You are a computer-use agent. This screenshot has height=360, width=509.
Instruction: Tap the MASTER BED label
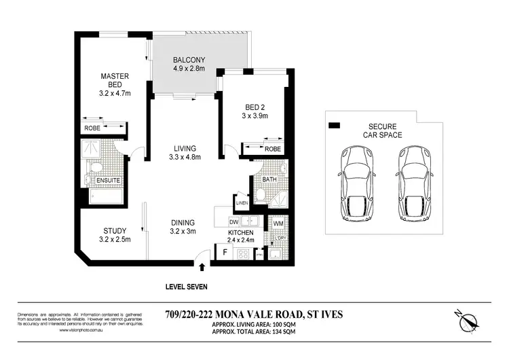tap(115, 81)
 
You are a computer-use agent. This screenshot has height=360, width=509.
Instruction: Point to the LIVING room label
tap(184, 148)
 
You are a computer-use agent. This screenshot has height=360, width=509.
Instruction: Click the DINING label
tap(183, 222)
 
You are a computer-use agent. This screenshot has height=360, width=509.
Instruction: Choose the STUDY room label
tap(115, 230)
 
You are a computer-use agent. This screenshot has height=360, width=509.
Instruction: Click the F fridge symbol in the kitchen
tap(224, 253)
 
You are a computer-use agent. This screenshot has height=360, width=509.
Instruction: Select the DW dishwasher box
tap(233, 221)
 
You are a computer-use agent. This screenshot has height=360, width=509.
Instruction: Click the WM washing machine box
tap(278, 223)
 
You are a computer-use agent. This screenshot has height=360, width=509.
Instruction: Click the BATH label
tap(269, 179)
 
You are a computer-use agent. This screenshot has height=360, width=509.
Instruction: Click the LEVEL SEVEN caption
tap(187, 287)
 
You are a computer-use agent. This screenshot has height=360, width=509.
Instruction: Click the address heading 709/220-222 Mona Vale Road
tap(254, 314)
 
